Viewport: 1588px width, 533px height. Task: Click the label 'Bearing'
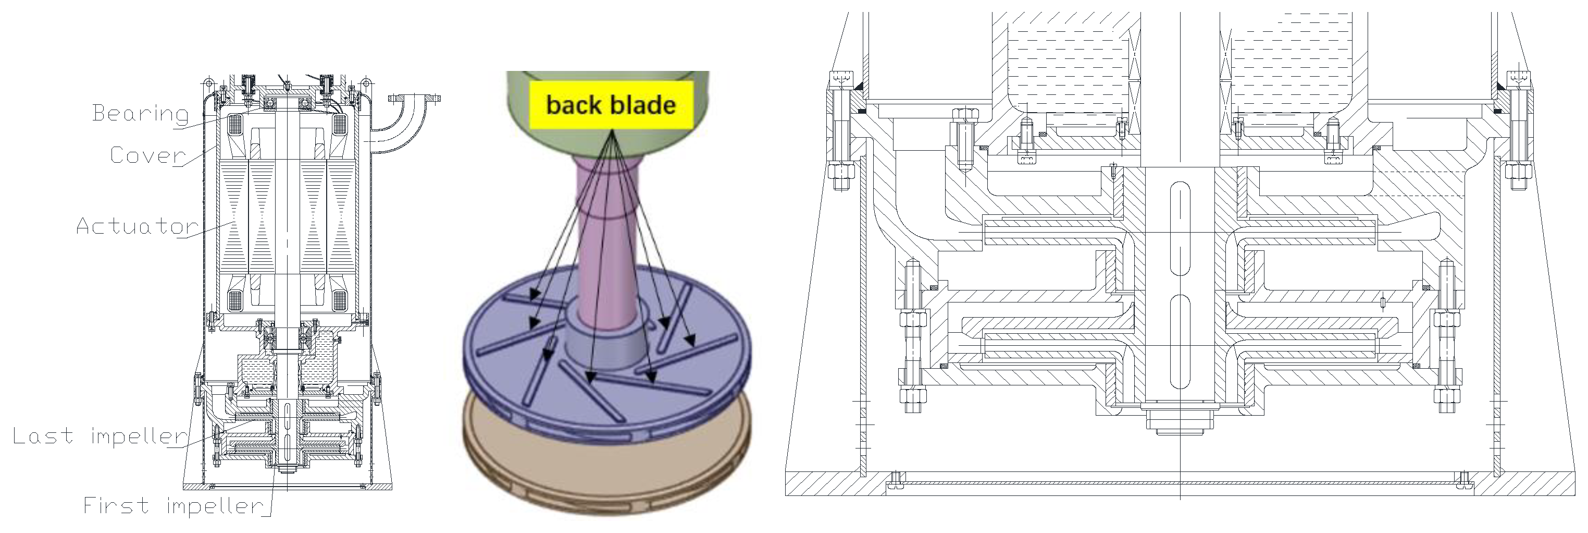point(140,114)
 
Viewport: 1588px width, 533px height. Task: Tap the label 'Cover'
point(147,155)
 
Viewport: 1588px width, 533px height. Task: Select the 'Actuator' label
point(137,226)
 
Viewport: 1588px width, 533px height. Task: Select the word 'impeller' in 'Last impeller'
point(139,436)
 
